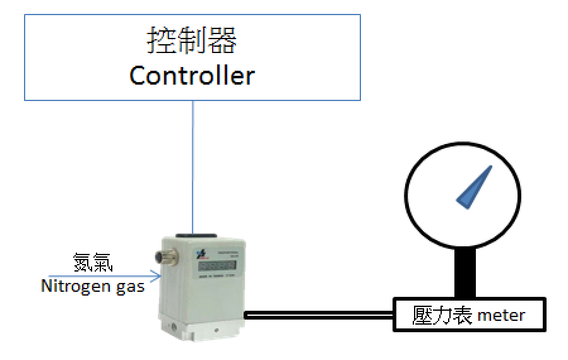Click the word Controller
[x=192, y=76]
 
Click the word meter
[x=501, y=315]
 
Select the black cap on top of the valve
[x=193, y=236]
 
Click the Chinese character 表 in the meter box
[x=456, y=314]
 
